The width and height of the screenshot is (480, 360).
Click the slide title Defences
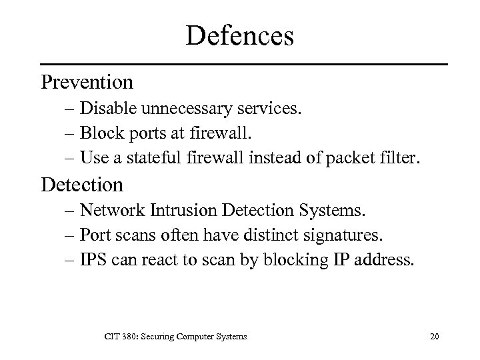point(239,35)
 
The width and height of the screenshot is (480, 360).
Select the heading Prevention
point(87,82)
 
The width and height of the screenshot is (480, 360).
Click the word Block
point(98,133)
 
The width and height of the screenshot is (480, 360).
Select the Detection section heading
point(82,184)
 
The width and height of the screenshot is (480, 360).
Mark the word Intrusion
point(177,211)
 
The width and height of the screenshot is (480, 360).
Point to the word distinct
point(273,235)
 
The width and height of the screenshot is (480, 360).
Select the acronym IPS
point(93,260)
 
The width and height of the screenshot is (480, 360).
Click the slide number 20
point(434,337)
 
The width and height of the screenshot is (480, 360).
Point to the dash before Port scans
point(70,235)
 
